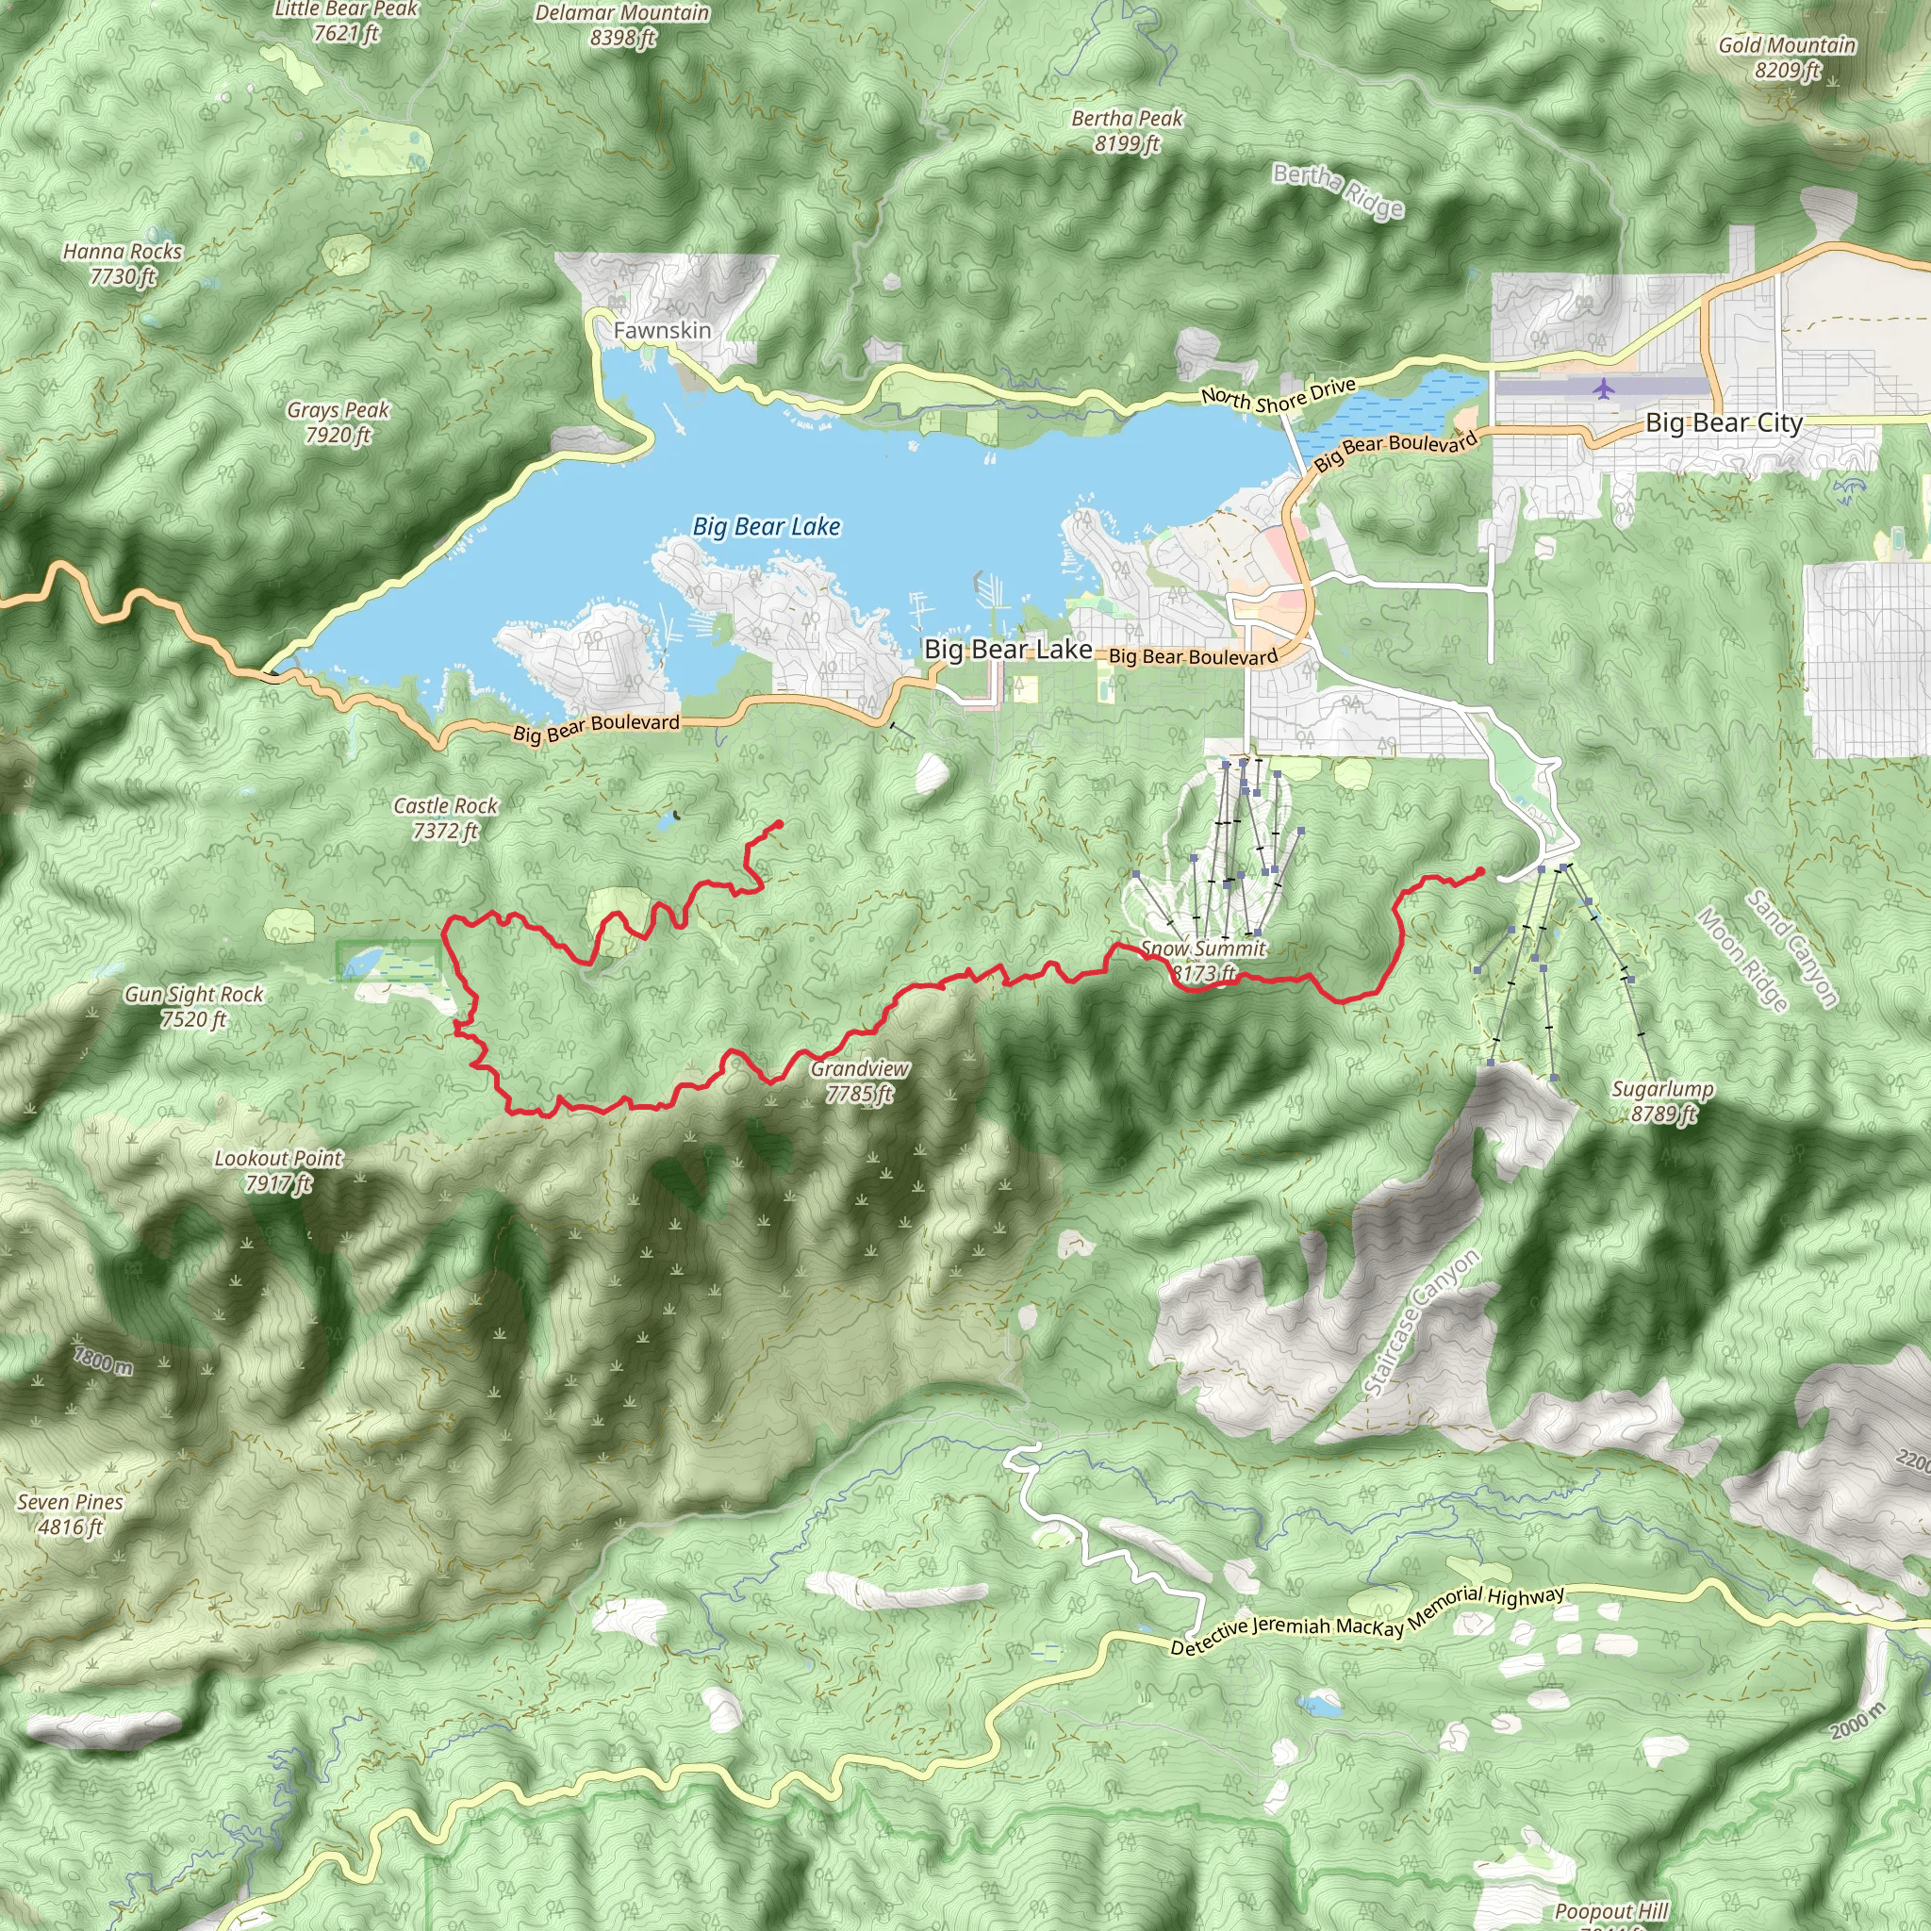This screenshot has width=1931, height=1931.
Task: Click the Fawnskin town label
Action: [662, 330]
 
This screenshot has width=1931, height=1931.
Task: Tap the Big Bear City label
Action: [1724, 422]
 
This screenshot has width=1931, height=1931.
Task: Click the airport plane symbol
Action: [1604, 388]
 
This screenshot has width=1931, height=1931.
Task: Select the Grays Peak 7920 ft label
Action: [338, 421]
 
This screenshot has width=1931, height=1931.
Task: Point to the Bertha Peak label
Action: [1127, 130]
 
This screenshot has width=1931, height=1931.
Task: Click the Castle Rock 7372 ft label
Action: [445, 817]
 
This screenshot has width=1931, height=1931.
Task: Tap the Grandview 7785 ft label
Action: [860, 1081]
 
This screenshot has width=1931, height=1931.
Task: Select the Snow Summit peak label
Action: [1203, 960]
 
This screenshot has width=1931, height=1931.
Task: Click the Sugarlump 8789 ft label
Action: [1662, 1100]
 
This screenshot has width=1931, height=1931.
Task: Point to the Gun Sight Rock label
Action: [194, 1005]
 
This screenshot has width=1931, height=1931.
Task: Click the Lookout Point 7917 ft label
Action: [278, 1169]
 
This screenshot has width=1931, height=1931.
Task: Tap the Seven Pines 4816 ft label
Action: [70, 1513]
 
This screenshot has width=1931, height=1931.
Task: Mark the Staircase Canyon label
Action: [1420, 1321]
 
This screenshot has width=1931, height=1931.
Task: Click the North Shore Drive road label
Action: [1279, 396]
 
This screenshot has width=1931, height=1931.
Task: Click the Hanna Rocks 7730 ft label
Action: [122, 264]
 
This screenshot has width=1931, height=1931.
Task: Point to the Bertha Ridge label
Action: [1338, 190]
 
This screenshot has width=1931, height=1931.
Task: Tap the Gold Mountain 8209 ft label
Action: [1787, 57]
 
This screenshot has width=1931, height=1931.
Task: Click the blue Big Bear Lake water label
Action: [767, 527]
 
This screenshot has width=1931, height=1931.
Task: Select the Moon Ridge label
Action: [1742, 960]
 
